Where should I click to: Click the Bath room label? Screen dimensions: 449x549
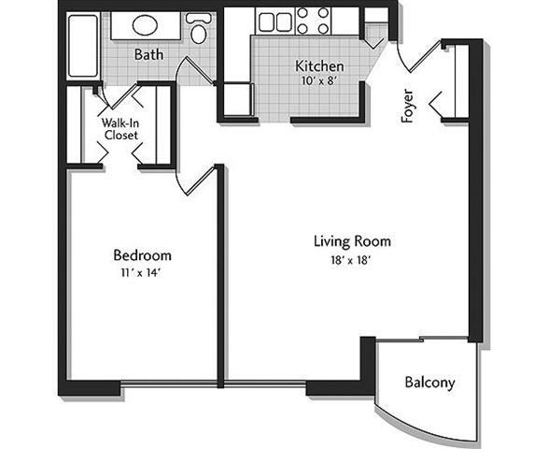pyautogui.click(x=148, y=54)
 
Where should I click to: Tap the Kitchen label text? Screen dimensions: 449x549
pyautogui.click(x=319, y=66)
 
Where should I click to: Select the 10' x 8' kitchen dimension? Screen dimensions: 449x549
pyautogui.click(x=319, y=81)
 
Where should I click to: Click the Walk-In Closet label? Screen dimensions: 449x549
pyautogui.click(x=120, y=128)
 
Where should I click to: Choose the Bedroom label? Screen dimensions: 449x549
pyautogui.click(x=142, y=254)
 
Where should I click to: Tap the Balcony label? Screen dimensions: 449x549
pyautogui.click(x=429, y=383)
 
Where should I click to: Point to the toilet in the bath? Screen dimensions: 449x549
pyautogui.click(x=198, y=29)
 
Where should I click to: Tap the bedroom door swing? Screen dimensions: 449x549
pyautogui.click(x=193, y=180)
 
